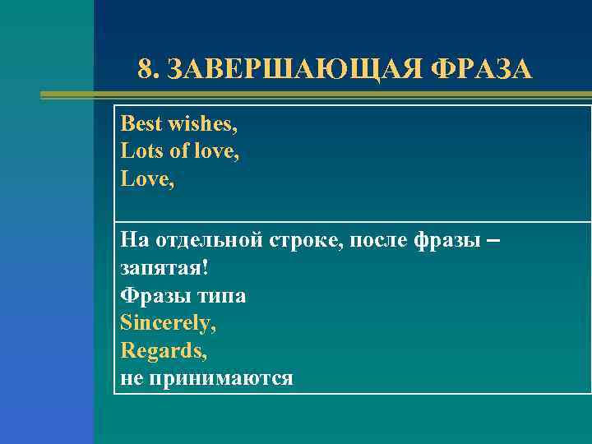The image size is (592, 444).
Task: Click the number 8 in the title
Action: point(146,70)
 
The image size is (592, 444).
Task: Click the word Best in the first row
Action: point(141,124)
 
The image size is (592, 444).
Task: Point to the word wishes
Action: point(203,124)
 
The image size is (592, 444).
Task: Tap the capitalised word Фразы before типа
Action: point(151,295)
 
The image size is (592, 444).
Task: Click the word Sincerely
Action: point(169,323)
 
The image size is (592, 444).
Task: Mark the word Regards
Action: point(164,351)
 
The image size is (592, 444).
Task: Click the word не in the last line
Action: point(132,378)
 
